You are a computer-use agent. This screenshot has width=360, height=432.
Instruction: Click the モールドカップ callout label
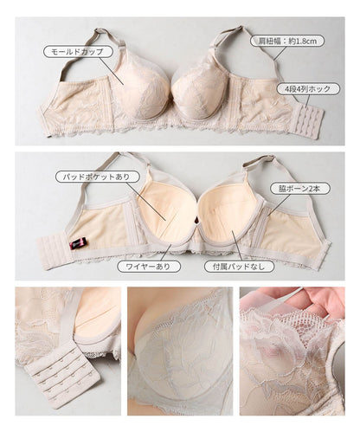78,52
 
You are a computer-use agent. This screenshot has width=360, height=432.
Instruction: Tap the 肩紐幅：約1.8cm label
287,41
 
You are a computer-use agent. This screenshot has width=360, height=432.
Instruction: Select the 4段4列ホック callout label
308,89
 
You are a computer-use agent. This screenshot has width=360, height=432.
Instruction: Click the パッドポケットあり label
98,177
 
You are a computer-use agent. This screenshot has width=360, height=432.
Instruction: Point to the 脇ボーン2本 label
299,189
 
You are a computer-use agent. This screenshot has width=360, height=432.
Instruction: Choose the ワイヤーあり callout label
149,267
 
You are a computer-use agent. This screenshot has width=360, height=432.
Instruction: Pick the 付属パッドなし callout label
239,267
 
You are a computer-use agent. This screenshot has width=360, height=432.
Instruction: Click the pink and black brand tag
79,243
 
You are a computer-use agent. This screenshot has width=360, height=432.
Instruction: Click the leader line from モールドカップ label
112,71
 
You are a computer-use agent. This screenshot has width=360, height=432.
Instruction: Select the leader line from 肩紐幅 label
280,54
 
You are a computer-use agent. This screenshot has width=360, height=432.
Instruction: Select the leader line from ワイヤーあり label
166,252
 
